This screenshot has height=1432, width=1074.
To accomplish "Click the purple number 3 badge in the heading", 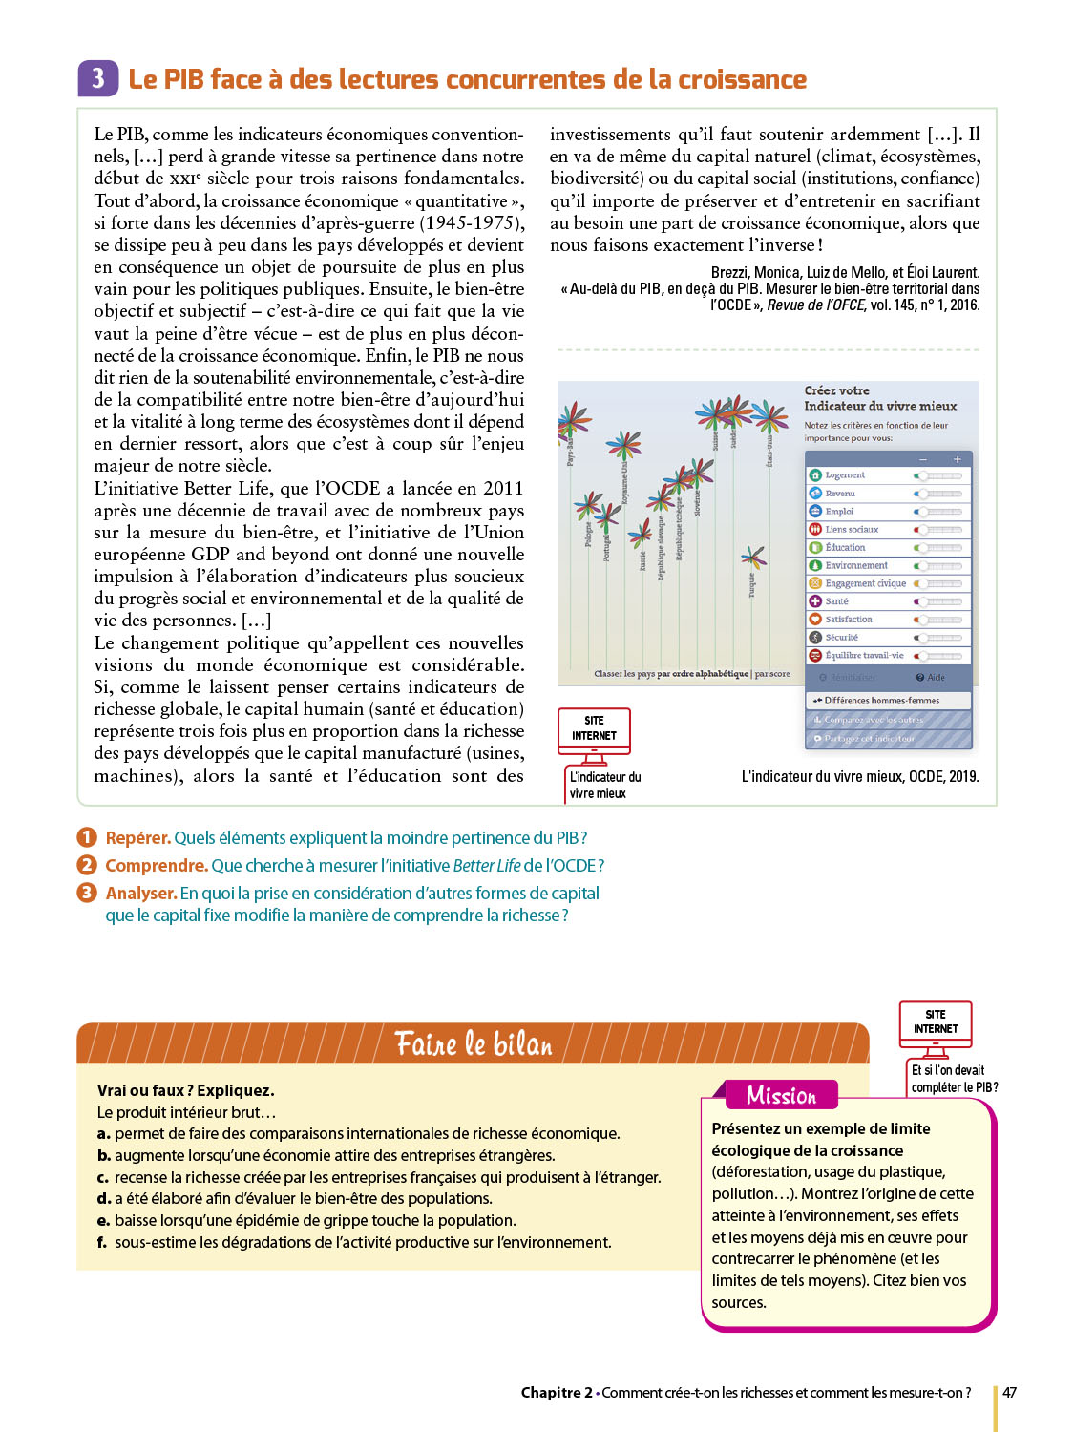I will pos(97,78).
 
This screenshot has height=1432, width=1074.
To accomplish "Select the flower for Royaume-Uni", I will pos(623,445).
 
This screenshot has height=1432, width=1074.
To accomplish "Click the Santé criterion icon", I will pos(815,601).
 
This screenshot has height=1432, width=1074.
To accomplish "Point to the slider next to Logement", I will pos(938,475).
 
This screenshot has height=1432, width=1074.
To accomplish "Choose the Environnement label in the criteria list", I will pos(856,565).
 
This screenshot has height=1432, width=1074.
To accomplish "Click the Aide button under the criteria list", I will pos(931,678).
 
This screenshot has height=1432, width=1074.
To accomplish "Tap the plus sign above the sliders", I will pos(958,459).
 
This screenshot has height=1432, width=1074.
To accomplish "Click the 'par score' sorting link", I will pos(772,674).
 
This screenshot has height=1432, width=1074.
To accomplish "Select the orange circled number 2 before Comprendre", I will pos(87,865).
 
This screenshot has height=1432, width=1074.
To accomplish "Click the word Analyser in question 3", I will pos(140,894).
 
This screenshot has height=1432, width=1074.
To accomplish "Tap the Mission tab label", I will pos(781,1095).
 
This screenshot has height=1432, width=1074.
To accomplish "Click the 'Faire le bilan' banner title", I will pos(474,1044).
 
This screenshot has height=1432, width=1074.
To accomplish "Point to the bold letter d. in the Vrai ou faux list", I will pos(104,1199).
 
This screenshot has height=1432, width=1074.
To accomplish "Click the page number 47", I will pos(1009,1393).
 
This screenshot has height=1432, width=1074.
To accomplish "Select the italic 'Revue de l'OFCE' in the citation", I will pos(816,305).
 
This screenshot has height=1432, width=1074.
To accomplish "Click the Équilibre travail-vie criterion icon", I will pos(815,656).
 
